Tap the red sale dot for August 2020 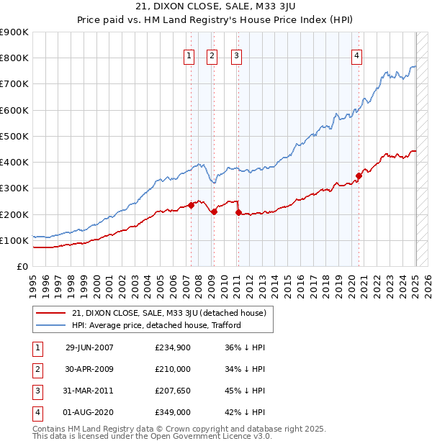point(359,175)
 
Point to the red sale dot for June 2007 point(192,205)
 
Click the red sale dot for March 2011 point(238,212)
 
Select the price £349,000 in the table point(173,412)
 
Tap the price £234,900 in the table point(173,348)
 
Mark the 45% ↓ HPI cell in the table point(245,391)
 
